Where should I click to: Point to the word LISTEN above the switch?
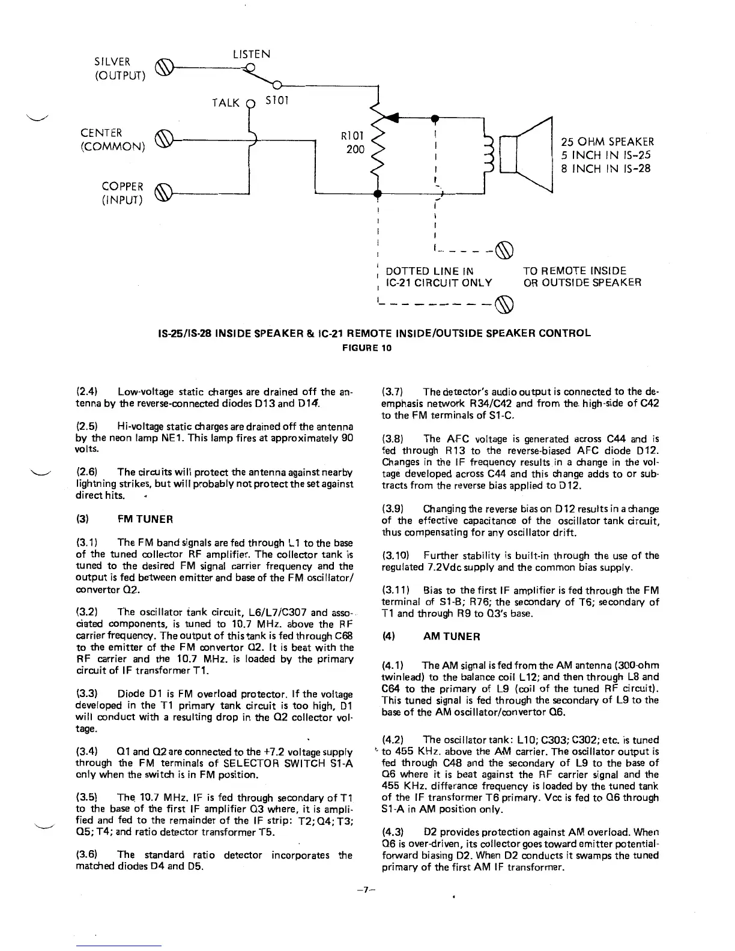coord(252,55)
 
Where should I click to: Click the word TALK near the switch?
coord(226,102)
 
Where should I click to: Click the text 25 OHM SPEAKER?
coord(607,142)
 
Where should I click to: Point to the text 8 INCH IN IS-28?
coord(605,169)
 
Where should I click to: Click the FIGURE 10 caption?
coord(367,348)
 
